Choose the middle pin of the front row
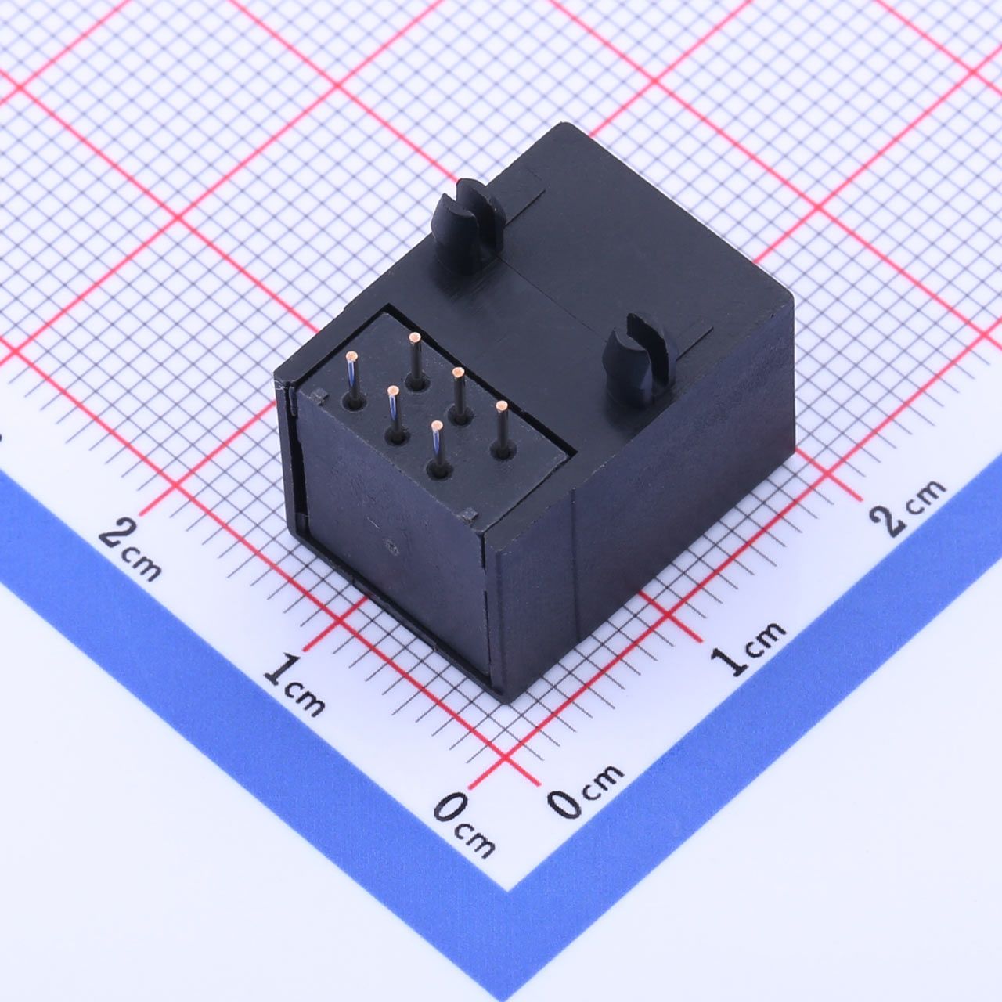pos(394,414)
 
